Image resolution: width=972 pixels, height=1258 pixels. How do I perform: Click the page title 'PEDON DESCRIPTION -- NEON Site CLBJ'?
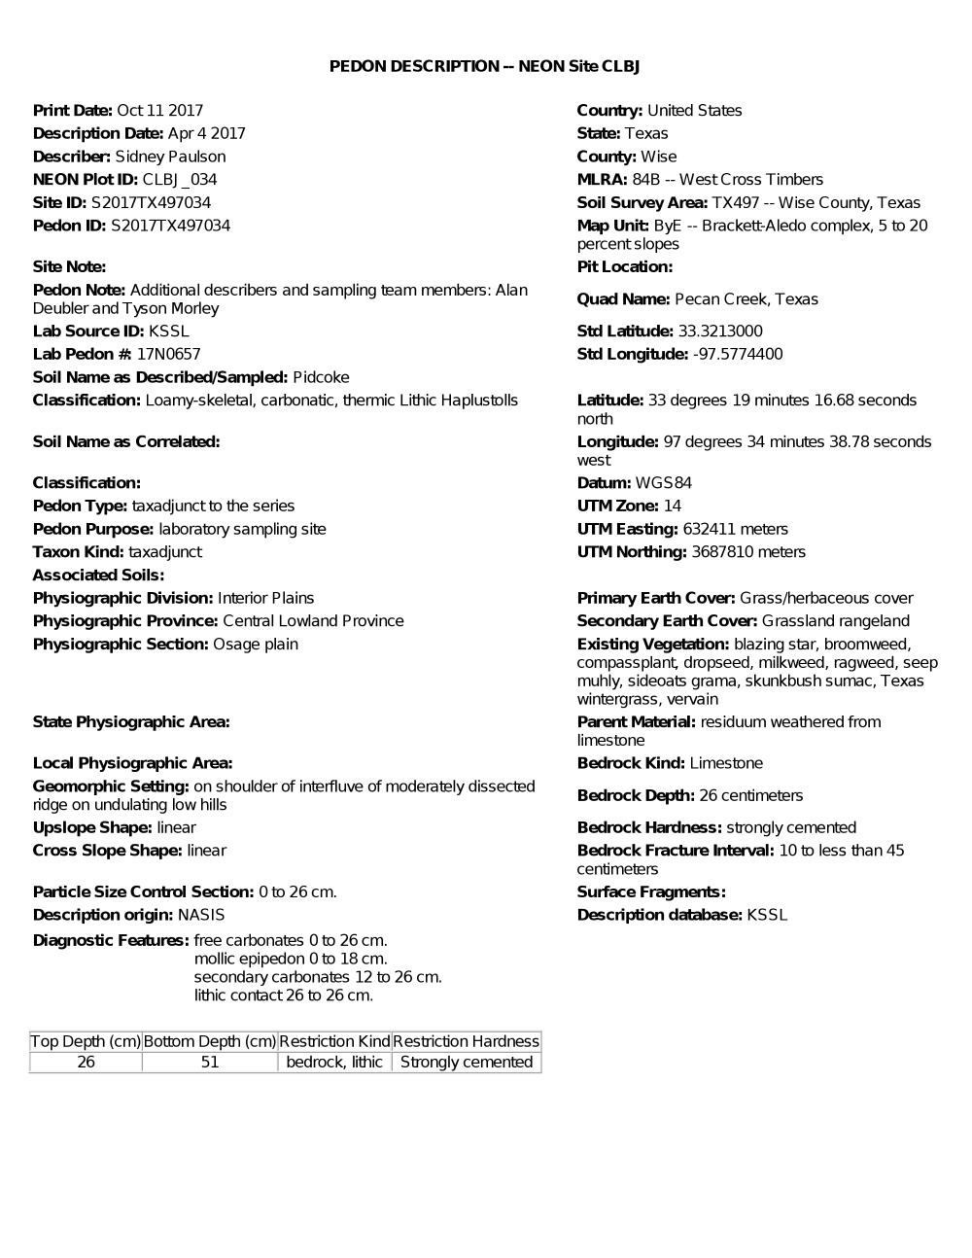[484, 66]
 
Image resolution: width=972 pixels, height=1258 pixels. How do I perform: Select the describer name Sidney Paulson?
[170, 157]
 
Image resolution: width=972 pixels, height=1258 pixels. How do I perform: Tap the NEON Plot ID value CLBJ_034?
[180, 180]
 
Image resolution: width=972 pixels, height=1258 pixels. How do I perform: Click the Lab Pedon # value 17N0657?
[168, 354]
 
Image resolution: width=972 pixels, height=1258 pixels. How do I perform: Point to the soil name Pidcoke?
[321, 377]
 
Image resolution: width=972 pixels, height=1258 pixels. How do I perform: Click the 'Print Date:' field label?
[73, 111]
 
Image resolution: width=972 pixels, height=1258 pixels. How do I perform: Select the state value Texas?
[646, 133]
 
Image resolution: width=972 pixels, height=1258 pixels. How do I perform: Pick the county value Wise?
[659, 157]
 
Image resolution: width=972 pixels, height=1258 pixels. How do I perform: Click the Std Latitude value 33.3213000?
[720, 332]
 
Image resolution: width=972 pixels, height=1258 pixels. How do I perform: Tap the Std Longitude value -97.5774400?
[737, 354]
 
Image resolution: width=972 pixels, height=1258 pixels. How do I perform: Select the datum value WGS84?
[664, 483]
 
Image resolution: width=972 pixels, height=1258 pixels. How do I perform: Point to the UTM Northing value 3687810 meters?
[748, 552]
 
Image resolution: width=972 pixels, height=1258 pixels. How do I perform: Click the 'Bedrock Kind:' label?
[631, 763]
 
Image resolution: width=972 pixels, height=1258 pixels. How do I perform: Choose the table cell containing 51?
[210, 1062]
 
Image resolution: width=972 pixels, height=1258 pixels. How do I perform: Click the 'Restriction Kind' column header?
[334, 1041]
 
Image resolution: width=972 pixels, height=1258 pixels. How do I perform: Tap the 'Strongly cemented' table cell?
[467, 1062]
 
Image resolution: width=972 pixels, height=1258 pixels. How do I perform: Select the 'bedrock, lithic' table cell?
[334, 1062]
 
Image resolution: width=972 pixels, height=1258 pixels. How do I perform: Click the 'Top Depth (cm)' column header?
[86, 1041]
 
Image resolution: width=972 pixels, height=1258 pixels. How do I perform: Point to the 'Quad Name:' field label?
[623, 299]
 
